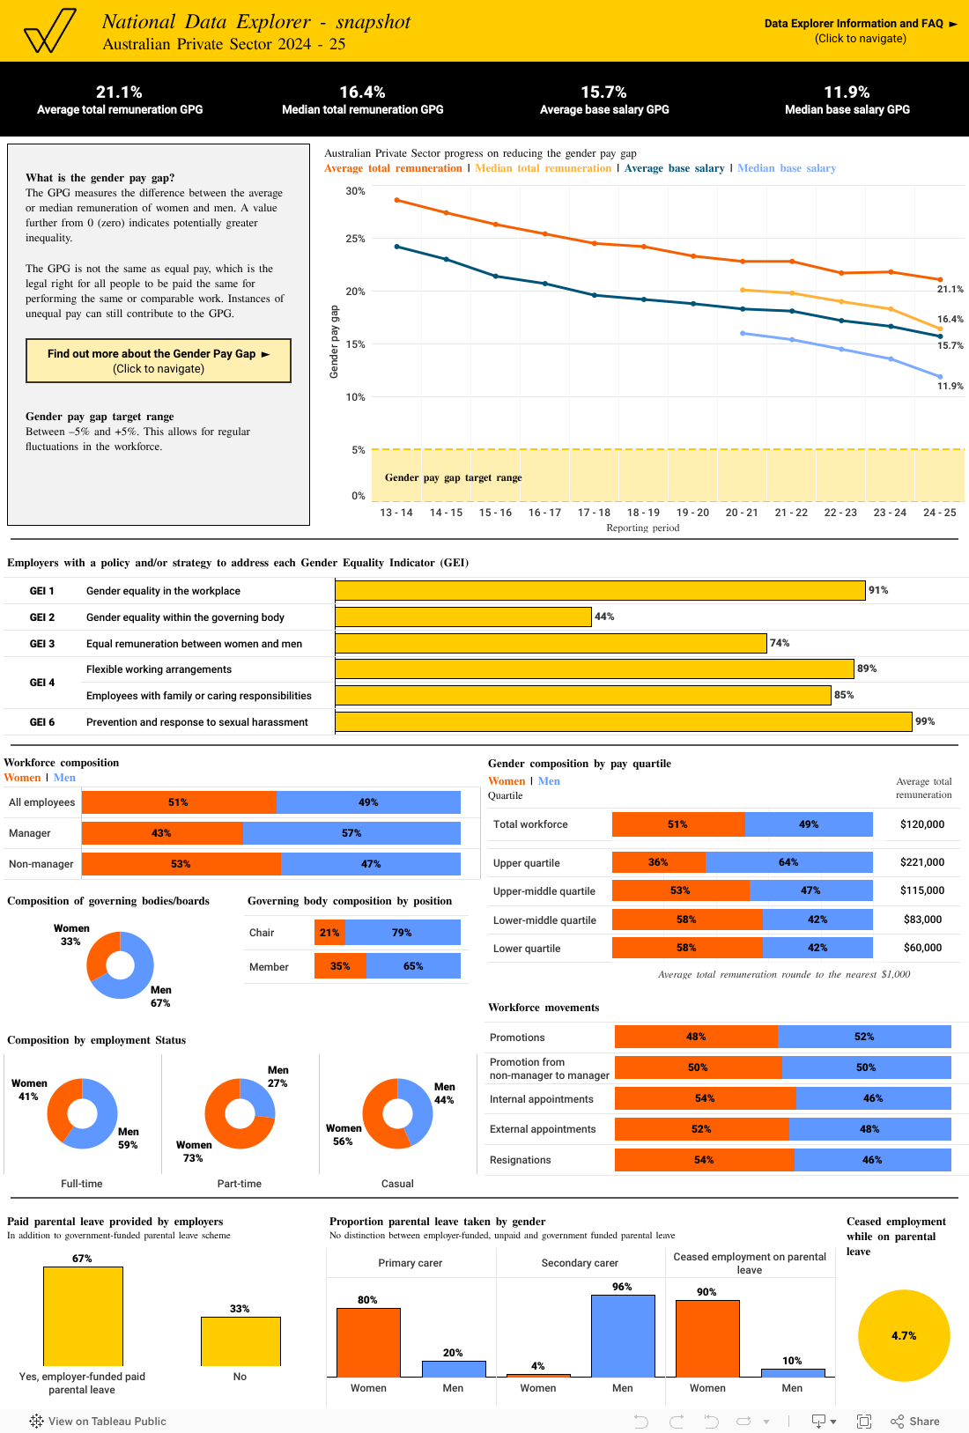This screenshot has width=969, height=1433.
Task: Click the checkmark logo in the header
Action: pyautogui.click(x=49, y=32)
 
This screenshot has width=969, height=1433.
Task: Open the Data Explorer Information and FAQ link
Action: pyautogui.click(x=860, y=24)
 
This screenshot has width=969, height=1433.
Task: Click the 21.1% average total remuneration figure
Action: pyautogui.click(x=119, y=92)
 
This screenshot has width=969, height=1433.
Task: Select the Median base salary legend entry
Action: pyautogui.click(x=786, y=168)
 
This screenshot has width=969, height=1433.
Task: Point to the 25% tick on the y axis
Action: pyautogui.click(x=355, y=239)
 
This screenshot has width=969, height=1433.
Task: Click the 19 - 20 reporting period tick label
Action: pyautogui.click(x=692, y=513)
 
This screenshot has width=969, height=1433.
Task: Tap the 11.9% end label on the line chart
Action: pyautogui.click(x=950, y=387)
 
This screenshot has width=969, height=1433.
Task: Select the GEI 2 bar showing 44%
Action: pyautogui.click(x=463, y=617)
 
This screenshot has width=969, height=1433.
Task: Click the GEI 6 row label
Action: pyautogui.click(x=42, y=722)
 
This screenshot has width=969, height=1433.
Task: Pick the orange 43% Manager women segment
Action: pyautogui.click(x=162, y=833)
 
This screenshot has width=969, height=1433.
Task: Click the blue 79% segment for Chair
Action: pyautogui.click(x=403, y=933)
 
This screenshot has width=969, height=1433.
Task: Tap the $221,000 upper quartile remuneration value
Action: pyautogui.click(x=921, y=862)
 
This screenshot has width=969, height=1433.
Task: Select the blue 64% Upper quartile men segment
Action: pyautogui.click(x=788, y=862)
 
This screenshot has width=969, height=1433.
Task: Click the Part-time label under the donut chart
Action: pyautogui.click(x=240, y=1184)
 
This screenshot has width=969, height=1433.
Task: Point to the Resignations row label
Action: pyautogui.click(x=520, y=1160)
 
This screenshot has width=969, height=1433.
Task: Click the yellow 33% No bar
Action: pyautogui.click(x=240, y=1341)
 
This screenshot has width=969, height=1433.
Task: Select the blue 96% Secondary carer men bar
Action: pyautogui.click(x=623, y=1335)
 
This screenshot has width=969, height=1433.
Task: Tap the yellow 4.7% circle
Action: pyautogui.click(x=904, y=1336)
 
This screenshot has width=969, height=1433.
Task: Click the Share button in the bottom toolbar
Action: pyautogui.click(x=915, y=1422)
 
